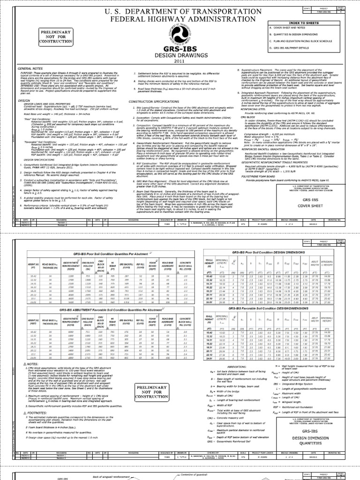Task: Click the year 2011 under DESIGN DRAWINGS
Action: (180, 61)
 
